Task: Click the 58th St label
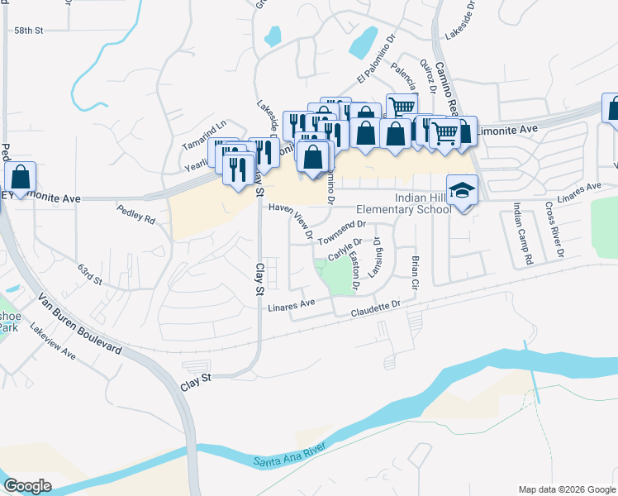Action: pyautogui.click(x=27, y=30)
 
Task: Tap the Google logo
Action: pyautogui.click(x=27, y=485)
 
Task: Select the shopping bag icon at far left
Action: pyautogui.click(x=20, y=177)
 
